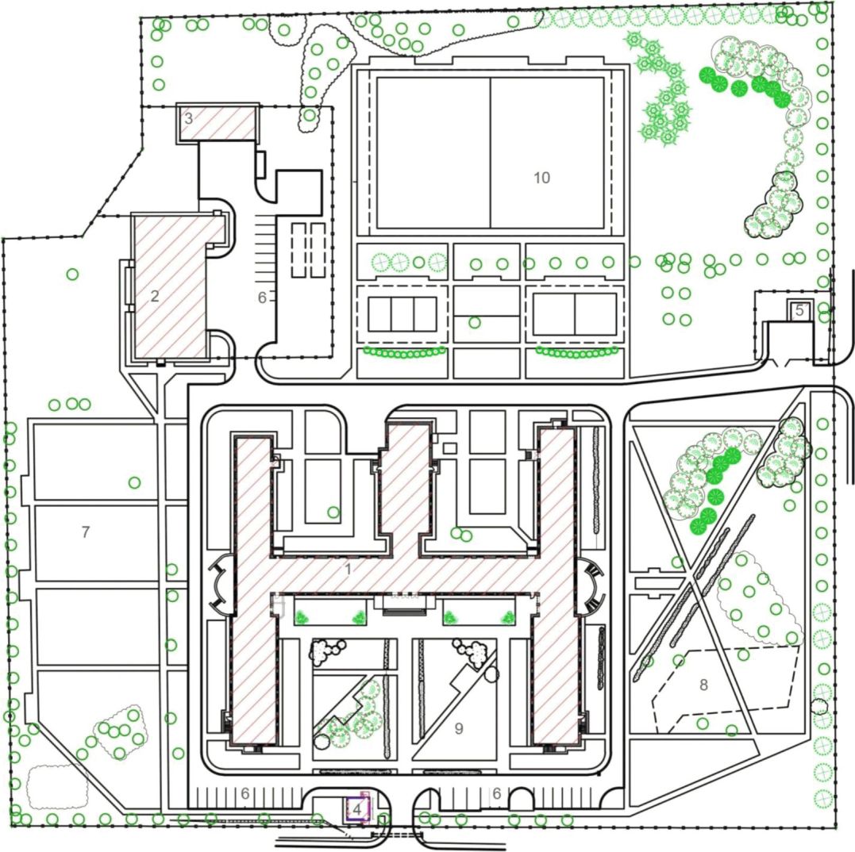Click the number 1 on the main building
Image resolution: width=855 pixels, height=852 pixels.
[x=348, y=570]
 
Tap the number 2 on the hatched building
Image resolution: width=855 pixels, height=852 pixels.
[x=155, y=297]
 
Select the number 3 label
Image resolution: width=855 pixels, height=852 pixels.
[x=189, y=118]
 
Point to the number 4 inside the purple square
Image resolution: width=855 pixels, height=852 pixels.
[x=357, y=809]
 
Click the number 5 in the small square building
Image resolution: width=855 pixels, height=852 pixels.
[x=799, y=310]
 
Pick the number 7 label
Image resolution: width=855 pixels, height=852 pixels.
[x=86, y=532]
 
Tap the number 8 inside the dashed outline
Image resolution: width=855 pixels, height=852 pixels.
[x=703, y=685]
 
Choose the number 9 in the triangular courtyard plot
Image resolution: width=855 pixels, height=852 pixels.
[x=459, y=728]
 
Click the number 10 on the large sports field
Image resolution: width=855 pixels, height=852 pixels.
[x=541, y=178]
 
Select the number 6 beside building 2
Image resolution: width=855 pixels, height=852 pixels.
[x=262, y=297]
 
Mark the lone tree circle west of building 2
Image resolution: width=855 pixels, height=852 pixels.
[x=72, y=274]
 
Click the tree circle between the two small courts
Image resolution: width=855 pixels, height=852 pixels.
[x=475, y=323]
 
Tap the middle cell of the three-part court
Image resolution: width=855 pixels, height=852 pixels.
[x=402, y=314]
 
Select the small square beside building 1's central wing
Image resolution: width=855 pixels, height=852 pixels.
[x=450, y=448]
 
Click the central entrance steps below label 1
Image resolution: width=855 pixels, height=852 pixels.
[x=404, y=604]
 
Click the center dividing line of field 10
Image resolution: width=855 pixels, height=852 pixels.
[x=490, y=153]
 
